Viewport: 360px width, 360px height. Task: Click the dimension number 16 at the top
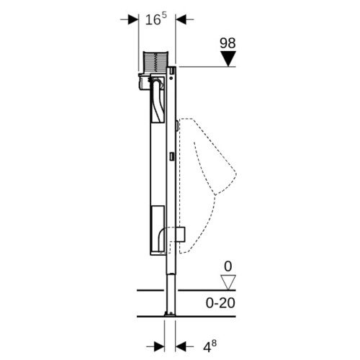153,19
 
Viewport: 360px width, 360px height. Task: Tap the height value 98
228,43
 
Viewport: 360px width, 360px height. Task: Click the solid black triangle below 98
228,58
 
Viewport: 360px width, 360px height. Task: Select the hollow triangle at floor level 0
228,282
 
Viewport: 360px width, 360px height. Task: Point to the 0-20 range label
220,303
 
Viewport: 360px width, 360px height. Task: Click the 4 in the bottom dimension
207,348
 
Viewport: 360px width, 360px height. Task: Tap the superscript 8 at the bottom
214,343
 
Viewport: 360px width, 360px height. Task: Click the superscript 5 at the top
164,15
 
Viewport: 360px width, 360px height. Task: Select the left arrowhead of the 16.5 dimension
133,19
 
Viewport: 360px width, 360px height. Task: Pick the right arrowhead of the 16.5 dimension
181,19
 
